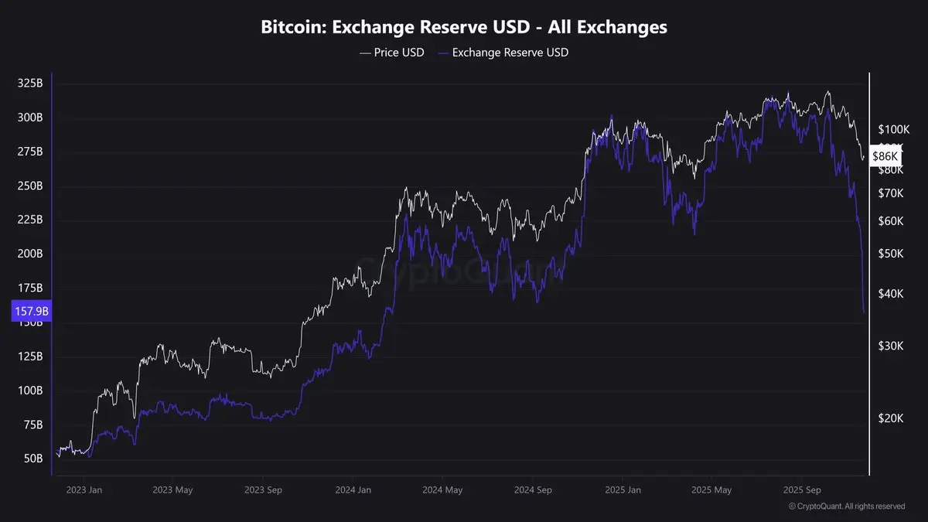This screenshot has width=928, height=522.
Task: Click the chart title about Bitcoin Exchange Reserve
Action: click(x=463, y=27)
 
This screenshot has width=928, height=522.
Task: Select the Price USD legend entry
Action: click(x=392, y=53)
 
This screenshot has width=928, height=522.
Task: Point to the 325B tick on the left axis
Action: click(x=29, y=84)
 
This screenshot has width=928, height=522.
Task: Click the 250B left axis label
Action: click(x=29, y=186)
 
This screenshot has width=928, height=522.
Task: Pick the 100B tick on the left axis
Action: click(x=29, y=391)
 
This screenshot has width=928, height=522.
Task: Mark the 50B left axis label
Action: click(x=32, y=459)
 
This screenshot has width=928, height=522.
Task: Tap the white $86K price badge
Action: click(x=885, y=156)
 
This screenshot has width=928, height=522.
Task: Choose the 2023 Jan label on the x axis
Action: click(x=85, y=490)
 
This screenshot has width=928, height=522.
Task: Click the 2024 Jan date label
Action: click(x=353, y=490)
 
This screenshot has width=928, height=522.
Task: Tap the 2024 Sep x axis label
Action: click(x=534, y=490)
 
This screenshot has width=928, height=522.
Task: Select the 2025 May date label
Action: click(x=712, y=490)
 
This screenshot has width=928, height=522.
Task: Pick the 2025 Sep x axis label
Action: click(x=802, y=490)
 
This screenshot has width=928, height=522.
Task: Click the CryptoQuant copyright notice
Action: click(x=847, y=507)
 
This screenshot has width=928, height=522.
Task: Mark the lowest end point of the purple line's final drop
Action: click(x=864, y=312)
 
